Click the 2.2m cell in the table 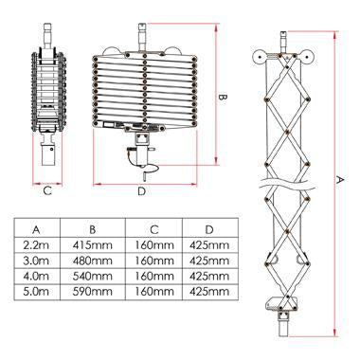pyautogui.click(x=36, y=245)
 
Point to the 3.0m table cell pyautogui.click(x=36, y=261)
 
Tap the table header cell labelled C pyautogui.click(x=152, y=229)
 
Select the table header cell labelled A pyautogui.click(x=36, y=229)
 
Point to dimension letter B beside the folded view pyautogui.click(x=222, y=96)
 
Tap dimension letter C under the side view pyautogui.click(x=45, y=190)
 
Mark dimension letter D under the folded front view pyautogui.click(x=141, y=192)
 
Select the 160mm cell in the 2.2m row pyautogui.click(x=152, y=245)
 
